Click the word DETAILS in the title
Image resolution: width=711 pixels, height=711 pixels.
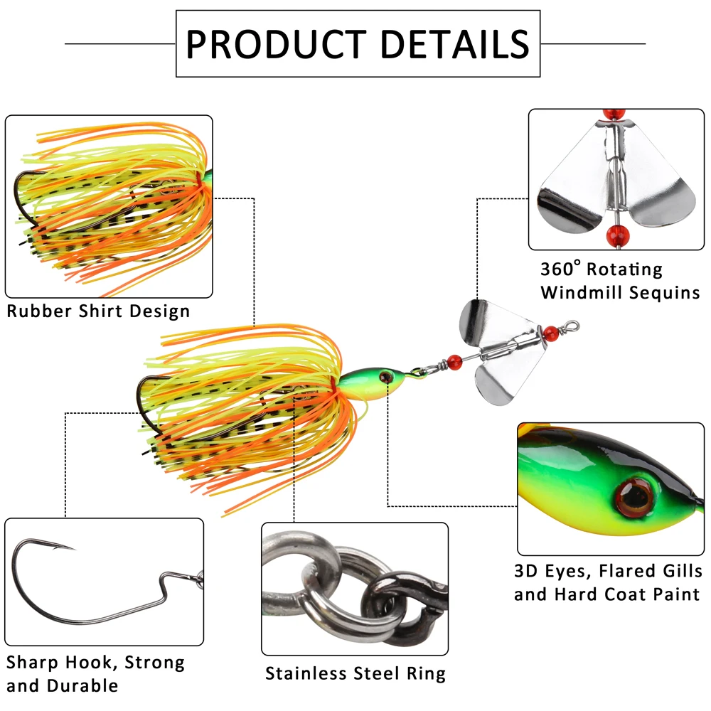point(455,43)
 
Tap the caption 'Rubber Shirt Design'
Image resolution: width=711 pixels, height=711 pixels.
point(99,311)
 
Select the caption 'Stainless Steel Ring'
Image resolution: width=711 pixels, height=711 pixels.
point(355,673)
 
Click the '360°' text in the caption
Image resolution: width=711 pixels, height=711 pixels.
point(561,269)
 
